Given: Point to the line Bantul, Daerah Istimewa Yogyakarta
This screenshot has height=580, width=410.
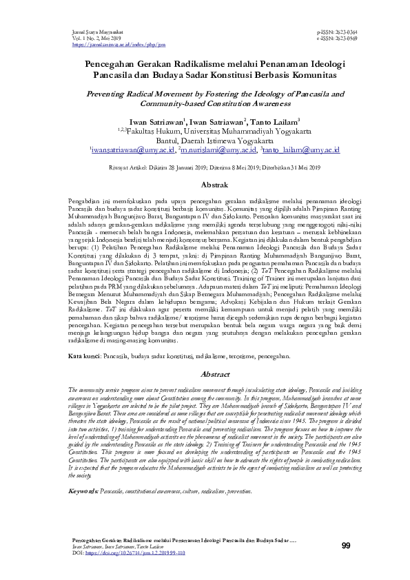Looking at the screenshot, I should point(205,138).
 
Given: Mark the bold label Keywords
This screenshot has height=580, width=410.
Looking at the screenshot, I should point(83,510).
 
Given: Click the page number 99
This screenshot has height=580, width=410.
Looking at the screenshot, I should point(346,546).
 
